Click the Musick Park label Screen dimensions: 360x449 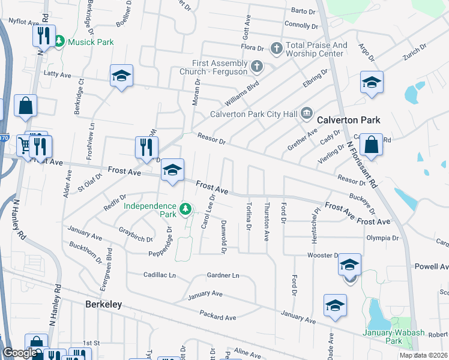pyautogui.click(x=90, y=42)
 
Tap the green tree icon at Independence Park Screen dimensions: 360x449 pyautogui.click(x=186, y=209)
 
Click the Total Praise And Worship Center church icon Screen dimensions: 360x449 pyautogui.click(x=276, y=48)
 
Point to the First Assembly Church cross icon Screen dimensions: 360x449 pyautogui.click(x=256, y=66)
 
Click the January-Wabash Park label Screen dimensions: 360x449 pyautogui.click(x=390, y=337)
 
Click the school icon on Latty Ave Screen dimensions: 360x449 pyautogui.click(x=121, y=76)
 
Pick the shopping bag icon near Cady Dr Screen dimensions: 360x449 pyautogui.click(x=372, y=145)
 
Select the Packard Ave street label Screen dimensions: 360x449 pyautogui.click(x=218, y=316)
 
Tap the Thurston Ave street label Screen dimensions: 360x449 pyautogui.click(x=267, y=222)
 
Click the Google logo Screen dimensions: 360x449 pyautogui.click(x=19, y=353)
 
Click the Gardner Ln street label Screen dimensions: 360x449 pyautogui.click(x=223, y=275)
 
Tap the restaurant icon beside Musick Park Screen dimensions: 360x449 pyautogui.click(x=43, y=36)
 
